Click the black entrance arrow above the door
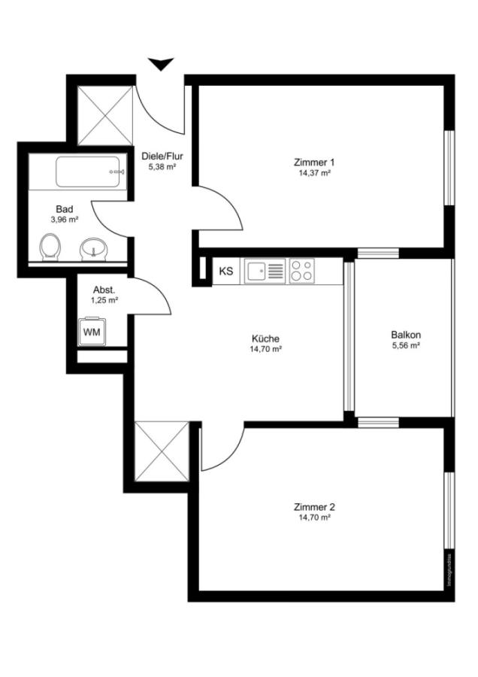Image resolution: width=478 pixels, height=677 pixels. click(161, 65)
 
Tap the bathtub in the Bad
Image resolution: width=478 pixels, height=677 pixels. click(88, 172)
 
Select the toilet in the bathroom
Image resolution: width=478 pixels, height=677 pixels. click(50, 246)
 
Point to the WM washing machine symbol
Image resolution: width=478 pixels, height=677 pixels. click(92, 331)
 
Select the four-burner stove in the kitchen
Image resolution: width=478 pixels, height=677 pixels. click(301, 271)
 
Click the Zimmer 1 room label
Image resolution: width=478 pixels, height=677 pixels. click(313, 162)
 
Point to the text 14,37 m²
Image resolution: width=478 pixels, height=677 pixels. click(313, 172)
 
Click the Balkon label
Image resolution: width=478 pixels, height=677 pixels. click(406, 335)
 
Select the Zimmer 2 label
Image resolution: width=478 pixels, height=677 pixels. click(315, 506)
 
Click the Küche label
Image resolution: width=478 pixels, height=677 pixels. click(265, 338)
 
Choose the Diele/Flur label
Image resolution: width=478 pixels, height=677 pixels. click(162, 156)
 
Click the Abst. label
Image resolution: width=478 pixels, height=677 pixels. click(104, 290)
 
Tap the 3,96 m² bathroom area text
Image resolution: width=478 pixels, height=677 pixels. click(65, 220)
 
